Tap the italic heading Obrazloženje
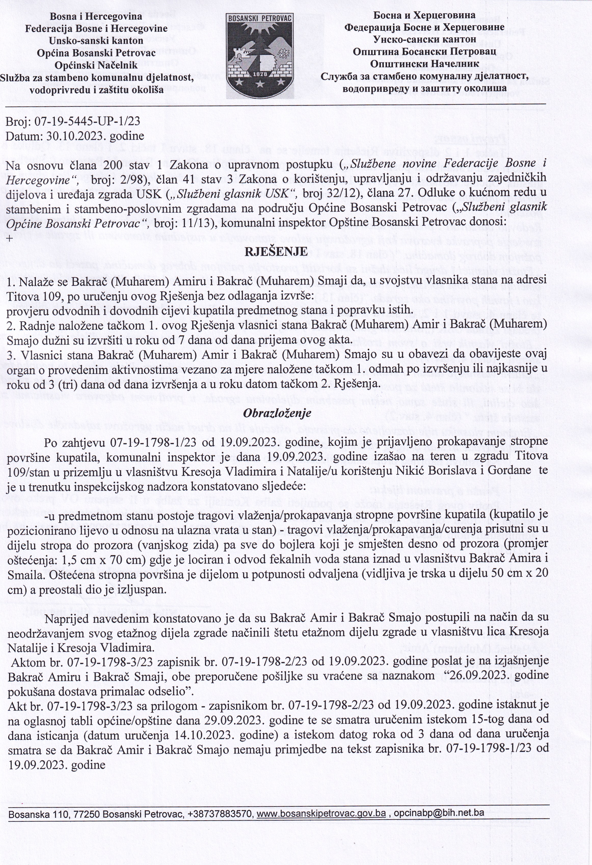point(277,412)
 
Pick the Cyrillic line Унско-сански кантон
point(424,39)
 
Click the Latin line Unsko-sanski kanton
point(96,40)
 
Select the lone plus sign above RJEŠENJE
point(9,239)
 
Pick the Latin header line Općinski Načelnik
point(96,65)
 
